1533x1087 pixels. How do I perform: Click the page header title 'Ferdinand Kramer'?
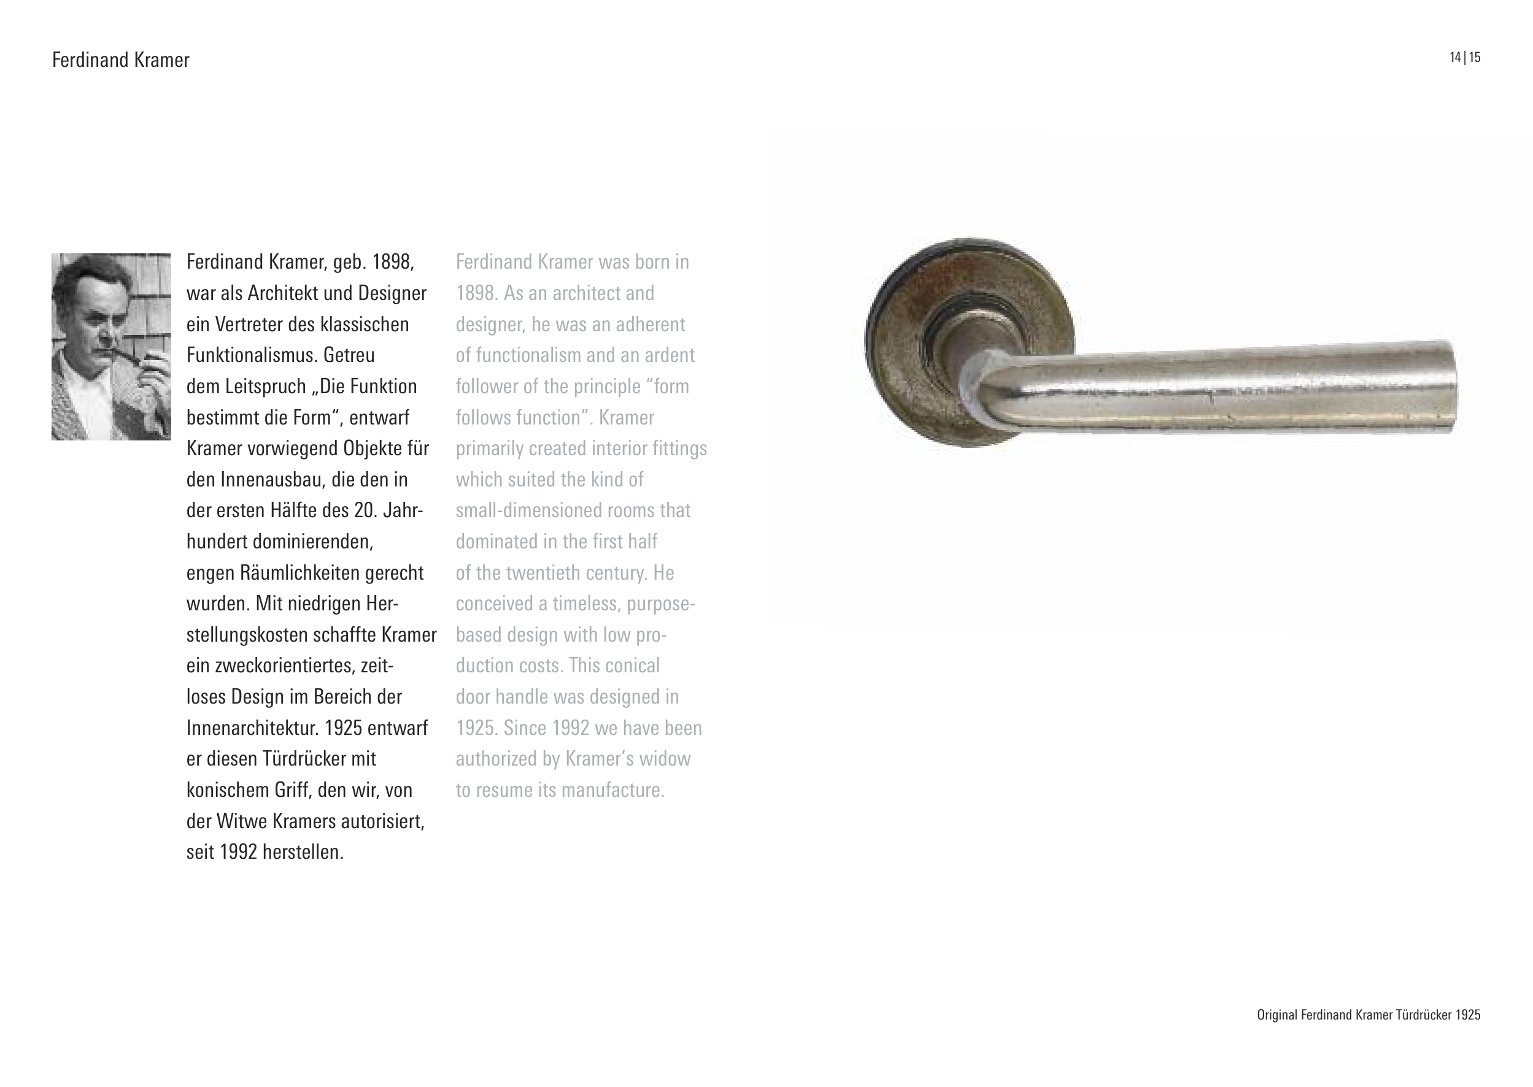pos(120,60)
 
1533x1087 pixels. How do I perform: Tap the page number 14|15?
pos(1465,58)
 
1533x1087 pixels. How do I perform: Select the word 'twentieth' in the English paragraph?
pos(543,573)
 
